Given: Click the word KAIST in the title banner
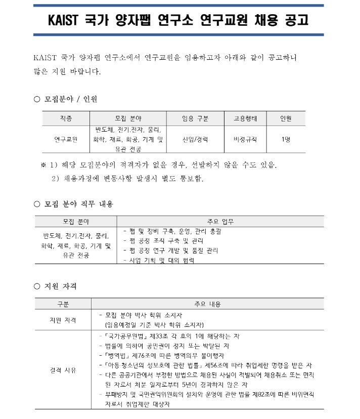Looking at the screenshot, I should pyautogui.click(x=66, y=21).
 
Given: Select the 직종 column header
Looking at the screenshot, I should pyautogui.click(x=66, y=119).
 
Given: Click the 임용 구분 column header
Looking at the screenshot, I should pyautogui.click(x=195, y=119).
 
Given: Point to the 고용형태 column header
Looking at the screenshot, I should pyautogui.click(x=245, y=119).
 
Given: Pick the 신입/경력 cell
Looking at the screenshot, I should pyautogui.click(x=195, y=139).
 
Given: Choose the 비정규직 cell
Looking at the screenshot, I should pyautogui.click(x=245, y=139).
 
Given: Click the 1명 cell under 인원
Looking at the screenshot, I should pyautogui.click(x=286, y=139).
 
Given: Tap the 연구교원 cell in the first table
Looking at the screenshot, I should pyautogui.click(x=66, y=139).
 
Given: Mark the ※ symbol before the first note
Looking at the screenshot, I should pyautogui.click(x=43, y=165).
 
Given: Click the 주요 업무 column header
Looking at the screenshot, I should pyautogui.click(x=220, y=222).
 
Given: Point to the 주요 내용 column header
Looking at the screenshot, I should pyautogui.click(x=207, y=304).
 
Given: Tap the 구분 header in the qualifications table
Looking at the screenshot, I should pyautogui.click(x=63, y=304).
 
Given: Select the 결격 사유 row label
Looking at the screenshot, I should pyautogui.click(x=63, y=370).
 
